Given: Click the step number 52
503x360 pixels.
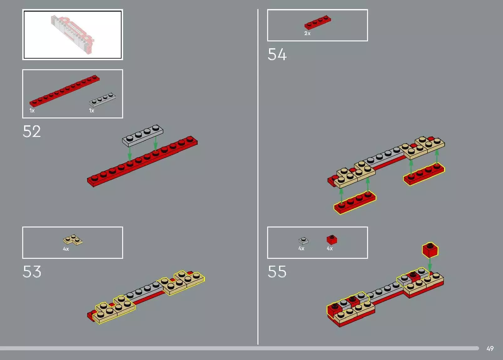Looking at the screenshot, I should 32,132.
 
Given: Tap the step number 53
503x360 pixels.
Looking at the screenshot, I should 32,272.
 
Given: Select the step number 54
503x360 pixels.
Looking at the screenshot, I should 277,54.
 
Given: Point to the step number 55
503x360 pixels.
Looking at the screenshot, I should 277,272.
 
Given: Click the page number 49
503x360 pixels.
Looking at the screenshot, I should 490,348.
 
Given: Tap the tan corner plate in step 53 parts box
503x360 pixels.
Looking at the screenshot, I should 73,240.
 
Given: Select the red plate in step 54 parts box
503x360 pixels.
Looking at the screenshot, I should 317,22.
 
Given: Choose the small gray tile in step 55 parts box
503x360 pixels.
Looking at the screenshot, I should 303,241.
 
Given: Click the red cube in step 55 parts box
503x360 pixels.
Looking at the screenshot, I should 332,240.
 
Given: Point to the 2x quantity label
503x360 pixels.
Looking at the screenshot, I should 307,33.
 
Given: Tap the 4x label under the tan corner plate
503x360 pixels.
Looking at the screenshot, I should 66,249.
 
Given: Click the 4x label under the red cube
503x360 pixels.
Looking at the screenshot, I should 329,248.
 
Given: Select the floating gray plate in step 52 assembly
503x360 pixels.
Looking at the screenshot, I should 143,136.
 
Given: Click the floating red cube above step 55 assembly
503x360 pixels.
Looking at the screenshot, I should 430,250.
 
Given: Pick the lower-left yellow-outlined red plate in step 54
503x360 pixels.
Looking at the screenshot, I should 355,203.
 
